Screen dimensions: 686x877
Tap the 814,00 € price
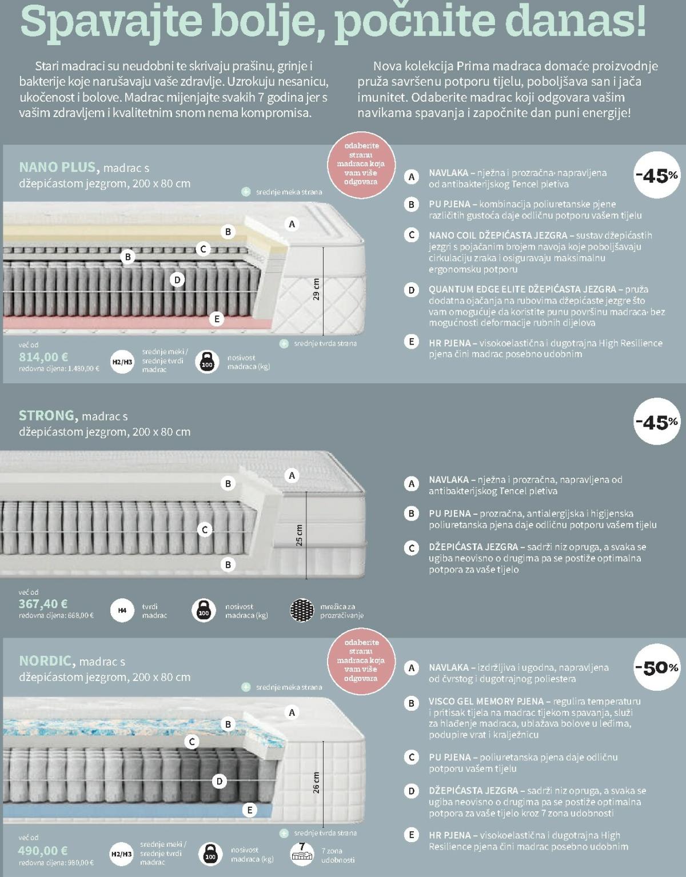coord(43,357)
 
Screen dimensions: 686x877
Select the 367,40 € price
coord(43,604)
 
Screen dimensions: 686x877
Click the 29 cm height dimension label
coord(316,289)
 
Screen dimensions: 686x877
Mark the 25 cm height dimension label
coord(299,535)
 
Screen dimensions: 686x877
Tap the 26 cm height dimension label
coord(316,783)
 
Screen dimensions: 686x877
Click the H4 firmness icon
coord(122,610)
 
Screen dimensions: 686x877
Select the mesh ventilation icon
coord(302,610)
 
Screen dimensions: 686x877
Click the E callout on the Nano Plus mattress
coord(217,319)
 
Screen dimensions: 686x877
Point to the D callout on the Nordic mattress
coord(220,782)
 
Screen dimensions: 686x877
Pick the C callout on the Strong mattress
coord(205,530)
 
